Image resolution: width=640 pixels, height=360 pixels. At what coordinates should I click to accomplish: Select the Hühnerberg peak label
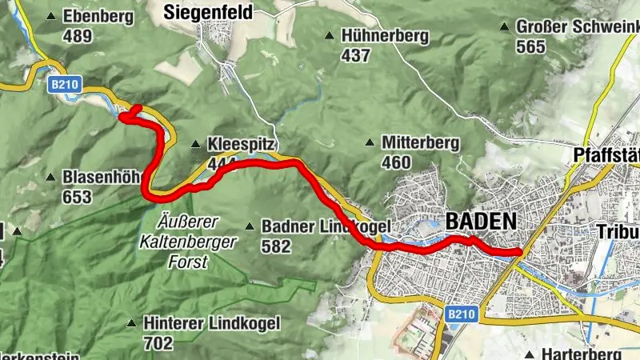pyautogui.click(x=385, y=36)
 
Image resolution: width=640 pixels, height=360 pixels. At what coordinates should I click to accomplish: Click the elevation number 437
pyautogui.click(x=355, y=55)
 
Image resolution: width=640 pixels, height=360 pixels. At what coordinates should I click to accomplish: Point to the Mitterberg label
pyautogui.click(x=420, y=143)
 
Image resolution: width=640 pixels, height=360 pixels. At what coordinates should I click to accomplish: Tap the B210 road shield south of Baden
pyautogui.click(x=460, y=315)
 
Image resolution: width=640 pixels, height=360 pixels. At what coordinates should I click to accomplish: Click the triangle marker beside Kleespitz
pyautogui.click(x=195, y=145)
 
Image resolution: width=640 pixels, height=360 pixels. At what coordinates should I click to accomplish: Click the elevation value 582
pyautogui.click(x=276, y=246)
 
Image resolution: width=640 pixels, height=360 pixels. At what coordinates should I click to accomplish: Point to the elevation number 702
pyautogui.click(x=158, y=343)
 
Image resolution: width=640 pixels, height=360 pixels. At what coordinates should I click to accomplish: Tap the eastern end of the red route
pyautogui.click(x=521, y=253)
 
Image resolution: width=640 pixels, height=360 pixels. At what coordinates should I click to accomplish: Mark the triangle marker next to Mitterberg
pyautogui.click(x=370, y=143)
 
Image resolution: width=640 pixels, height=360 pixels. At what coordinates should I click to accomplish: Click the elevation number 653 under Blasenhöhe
pyautogui.click(x=78, y=196)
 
